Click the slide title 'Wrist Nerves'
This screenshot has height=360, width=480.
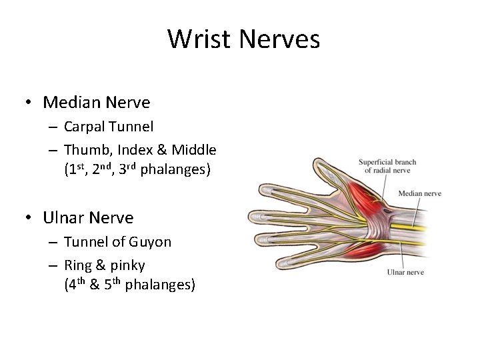coord(243,39)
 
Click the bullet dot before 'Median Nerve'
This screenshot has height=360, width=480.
coord(29,103)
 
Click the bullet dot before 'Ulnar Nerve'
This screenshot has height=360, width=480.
coord(29,218)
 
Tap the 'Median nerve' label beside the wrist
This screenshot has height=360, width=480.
coord(419,194)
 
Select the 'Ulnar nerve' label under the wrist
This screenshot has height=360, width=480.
coord(405,272)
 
